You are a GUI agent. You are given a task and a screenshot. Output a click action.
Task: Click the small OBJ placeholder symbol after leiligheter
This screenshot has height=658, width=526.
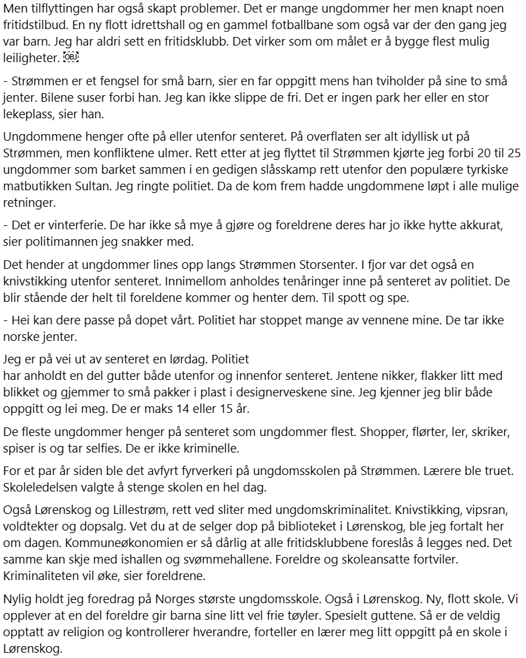tap(71, 58)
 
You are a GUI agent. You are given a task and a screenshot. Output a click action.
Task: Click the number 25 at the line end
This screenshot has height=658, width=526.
tap(513, 153)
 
